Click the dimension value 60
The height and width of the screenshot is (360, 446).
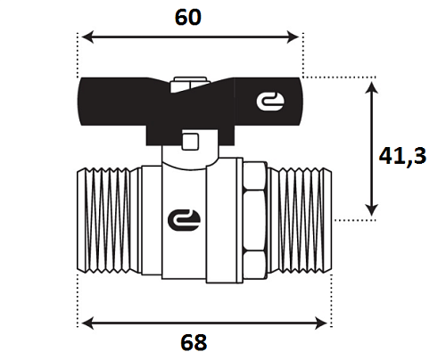188,17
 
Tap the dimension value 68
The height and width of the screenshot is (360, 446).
194,342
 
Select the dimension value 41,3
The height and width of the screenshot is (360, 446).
402,157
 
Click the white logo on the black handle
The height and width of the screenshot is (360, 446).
270,102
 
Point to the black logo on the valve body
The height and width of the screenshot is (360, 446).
185,220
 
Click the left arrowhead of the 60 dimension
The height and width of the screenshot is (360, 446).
87,37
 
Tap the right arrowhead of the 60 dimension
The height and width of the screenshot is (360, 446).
293,37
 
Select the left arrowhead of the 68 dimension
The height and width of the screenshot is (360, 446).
87,323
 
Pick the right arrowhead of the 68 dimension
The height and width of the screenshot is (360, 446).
320,323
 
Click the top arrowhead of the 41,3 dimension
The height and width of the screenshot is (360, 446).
371,87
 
